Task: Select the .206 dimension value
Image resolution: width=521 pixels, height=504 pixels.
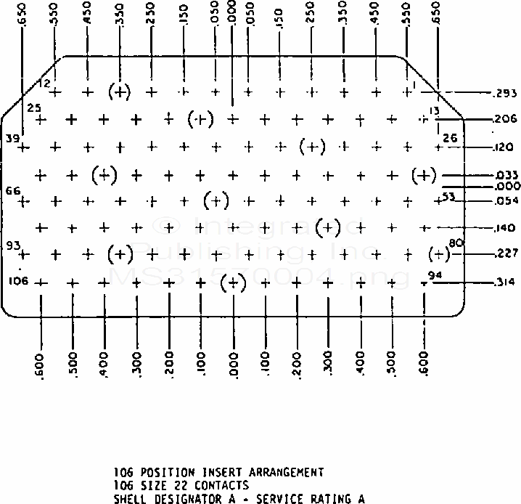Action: [504, 119]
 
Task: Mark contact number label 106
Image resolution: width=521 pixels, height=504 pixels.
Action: [19, 280]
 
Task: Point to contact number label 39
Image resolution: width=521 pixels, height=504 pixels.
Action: [12, 138]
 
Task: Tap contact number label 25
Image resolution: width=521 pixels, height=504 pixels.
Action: [33, 107]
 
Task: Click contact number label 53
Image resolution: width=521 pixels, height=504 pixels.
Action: [448, 196]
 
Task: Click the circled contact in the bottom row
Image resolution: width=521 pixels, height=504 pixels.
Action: [232, 283]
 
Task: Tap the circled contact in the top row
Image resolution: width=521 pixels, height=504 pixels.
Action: [119, 92]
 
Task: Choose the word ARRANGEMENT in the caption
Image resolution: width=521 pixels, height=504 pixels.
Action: [271, 473]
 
